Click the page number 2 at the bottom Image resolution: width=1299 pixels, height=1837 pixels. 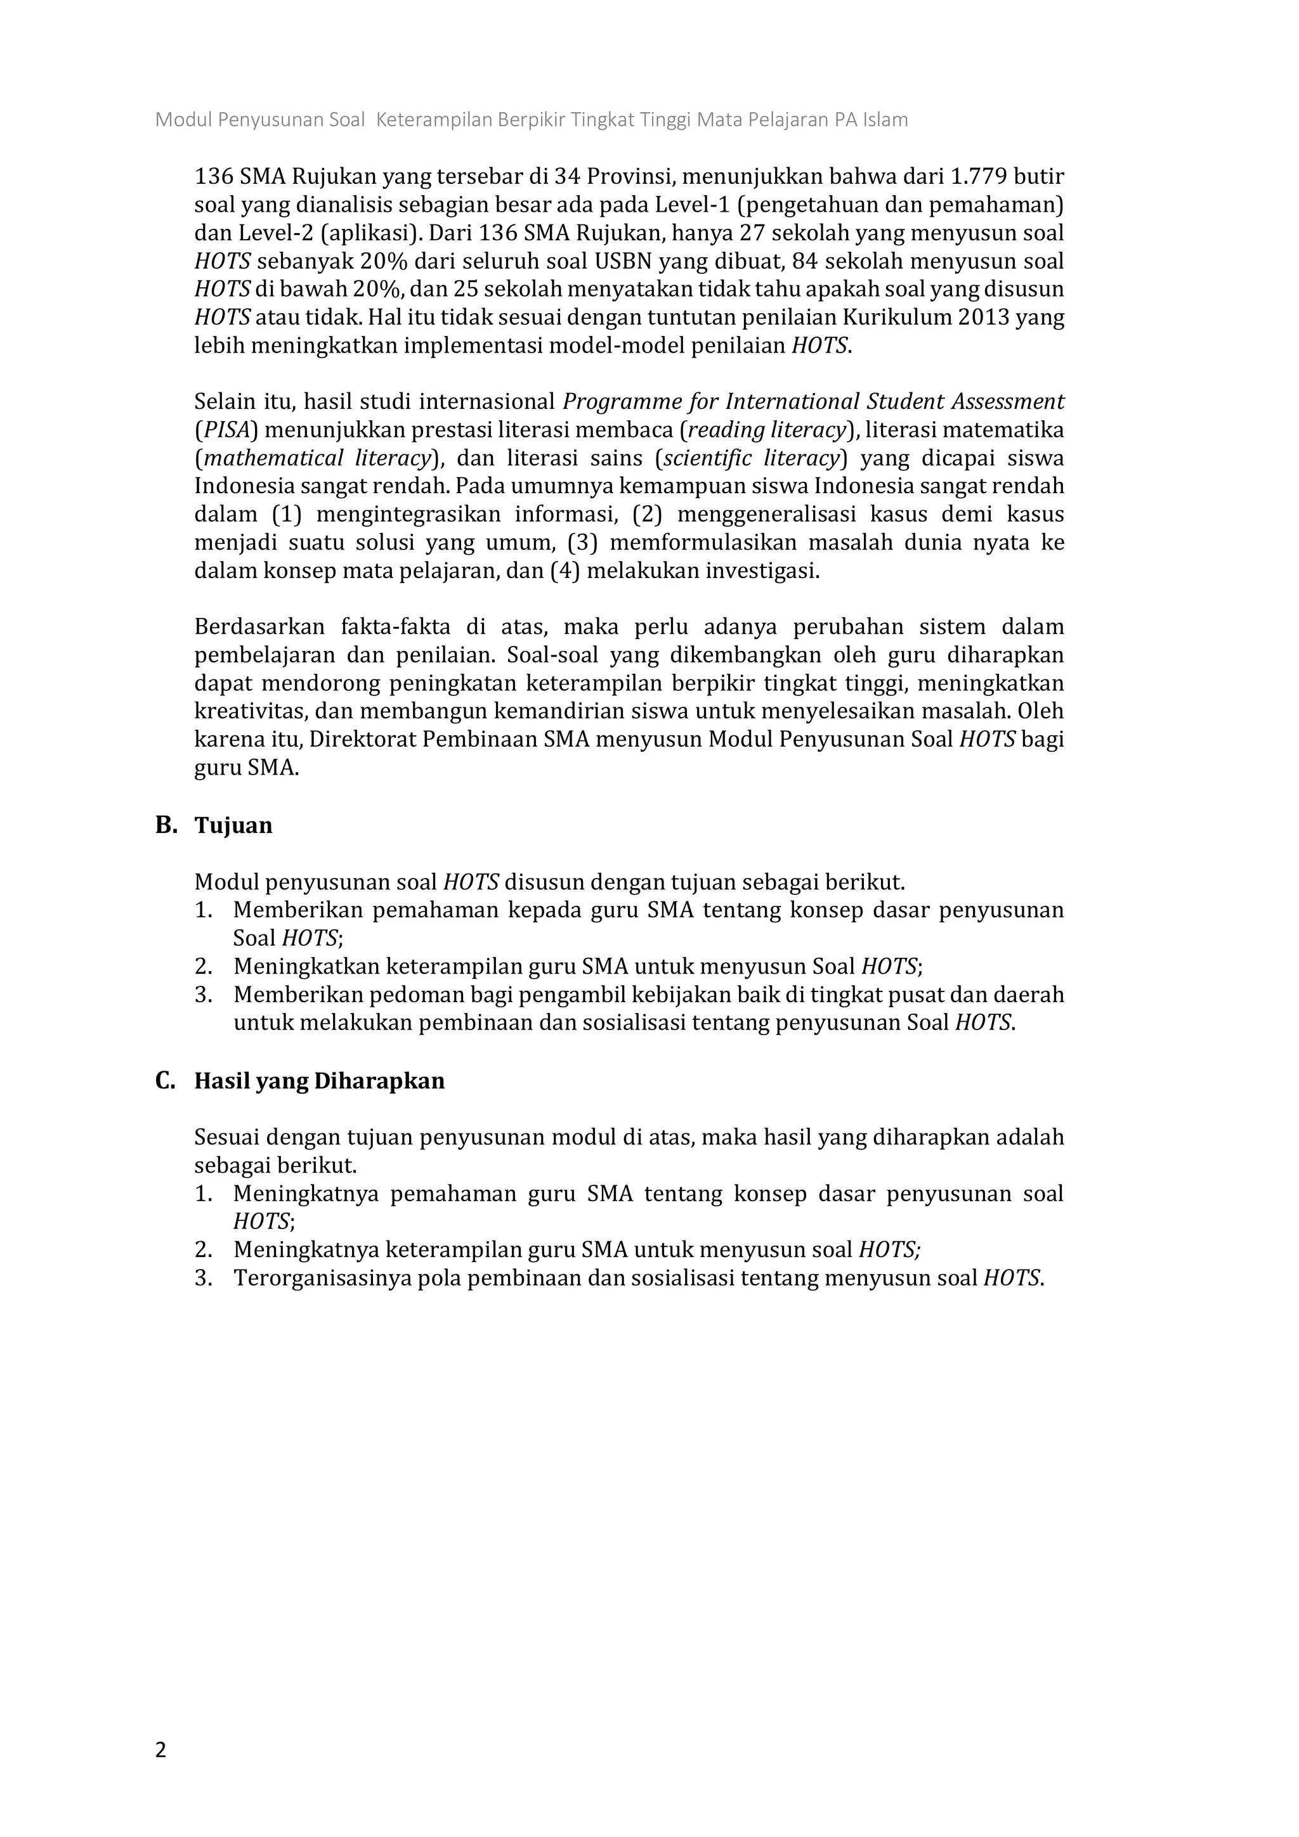pyautogui.click(x=161, y=1750)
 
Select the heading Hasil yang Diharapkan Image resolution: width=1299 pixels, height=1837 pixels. pyautogui.click(x=319, y=1081)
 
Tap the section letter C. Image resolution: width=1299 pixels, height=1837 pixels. pyautogui.click(x=165, y=1081)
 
